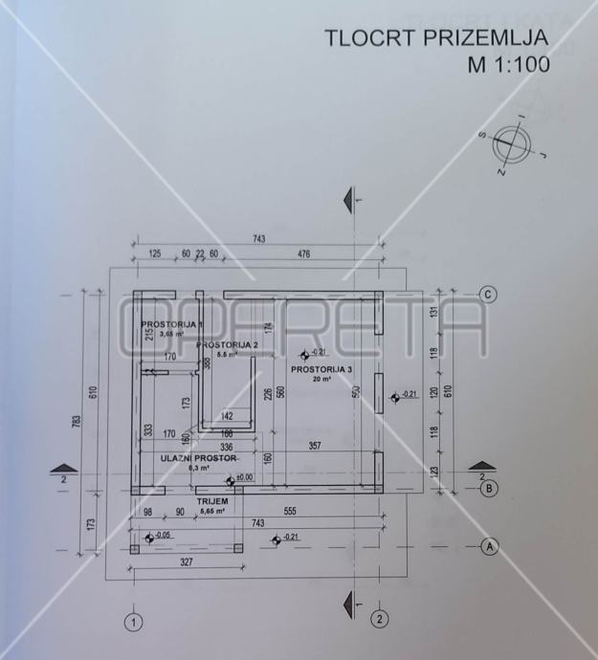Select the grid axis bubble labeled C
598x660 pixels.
tap(488, 295)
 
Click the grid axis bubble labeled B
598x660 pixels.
tap(488, 489)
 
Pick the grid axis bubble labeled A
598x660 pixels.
tap(489, 547)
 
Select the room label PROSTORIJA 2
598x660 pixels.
tap(228, 345)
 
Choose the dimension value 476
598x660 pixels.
tap(304, 254)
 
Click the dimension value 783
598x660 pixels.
tap(78, 421)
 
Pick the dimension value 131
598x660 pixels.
tap(433, 313)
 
